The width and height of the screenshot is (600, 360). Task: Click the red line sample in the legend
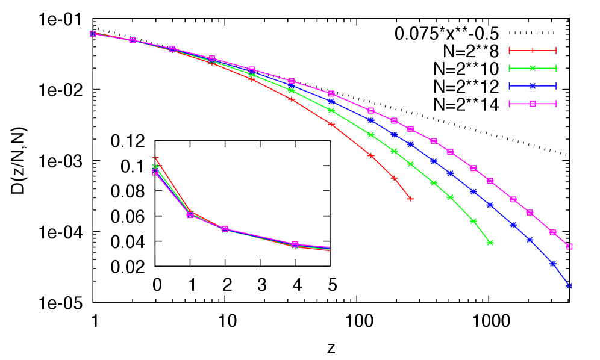533,51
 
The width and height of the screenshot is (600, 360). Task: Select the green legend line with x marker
533,68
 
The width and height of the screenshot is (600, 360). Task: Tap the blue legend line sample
533,86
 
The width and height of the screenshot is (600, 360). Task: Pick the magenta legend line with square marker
533,104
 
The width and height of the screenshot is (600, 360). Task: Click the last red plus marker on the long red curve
410,199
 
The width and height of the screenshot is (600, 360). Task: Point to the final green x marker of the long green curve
490,243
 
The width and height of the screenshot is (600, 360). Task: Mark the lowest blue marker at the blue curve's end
569,286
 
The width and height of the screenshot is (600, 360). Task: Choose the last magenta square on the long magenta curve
569,246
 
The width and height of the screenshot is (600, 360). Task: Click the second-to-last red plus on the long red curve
394,178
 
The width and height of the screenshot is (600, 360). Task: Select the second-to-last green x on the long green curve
473,221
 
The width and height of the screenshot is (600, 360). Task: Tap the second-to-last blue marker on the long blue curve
553,264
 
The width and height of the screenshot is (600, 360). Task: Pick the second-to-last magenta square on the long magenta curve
553,232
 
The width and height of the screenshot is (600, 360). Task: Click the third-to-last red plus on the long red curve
371,155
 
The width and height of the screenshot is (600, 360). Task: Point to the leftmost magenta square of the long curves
93,34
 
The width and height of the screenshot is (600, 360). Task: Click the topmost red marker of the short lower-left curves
155,158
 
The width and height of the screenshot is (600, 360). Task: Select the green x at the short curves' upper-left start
155,166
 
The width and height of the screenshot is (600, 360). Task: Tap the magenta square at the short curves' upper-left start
155,172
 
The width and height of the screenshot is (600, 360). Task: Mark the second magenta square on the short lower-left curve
190,215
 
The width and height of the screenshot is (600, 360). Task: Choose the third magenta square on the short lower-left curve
225,229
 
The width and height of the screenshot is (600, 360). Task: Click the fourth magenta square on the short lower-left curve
295,244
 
